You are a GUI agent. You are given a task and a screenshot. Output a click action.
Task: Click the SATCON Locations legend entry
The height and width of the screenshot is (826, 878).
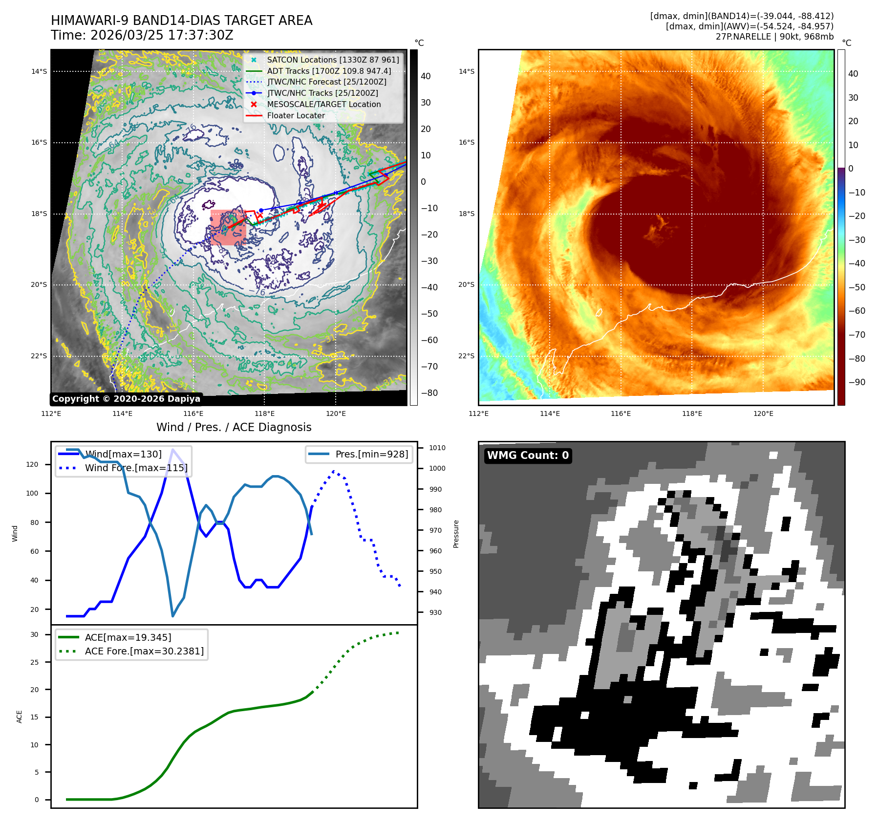click(x=333, y=60)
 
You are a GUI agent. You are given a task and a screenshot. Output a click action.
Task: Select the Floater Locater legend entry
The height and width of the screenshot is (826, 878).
click(x=296, y=115)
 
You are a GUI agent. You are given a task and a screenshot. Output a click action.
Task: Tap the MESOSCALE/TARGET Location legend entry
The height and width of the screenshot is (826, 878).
click(x=323, y=104)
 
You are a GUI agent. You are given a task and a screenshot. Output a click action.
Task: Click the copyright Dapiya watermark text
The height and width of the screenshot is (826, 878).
click(x=126, y=399)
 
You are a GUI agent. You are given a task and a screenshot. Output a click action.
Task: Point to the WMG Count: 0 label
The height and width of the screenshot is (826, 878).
click(x=528, y=456)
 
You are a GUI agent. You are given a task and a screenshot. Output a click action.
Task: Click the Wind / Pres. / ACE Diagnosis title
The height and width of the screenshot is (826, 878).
click(x=234, y=427)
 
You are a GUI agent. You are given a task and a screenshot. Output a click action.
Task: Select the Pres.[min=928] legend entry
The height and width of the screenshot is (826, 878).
click(x=371, y=454)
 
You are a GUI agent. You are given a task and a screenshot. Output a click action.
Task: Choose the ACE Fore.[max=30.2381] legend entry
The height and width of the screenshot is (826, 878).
click(x=144, y=651)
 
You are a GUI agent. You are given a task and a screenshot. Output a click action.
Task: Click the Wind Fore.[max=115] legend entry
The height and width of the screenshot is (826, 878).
click(x=136, y=468)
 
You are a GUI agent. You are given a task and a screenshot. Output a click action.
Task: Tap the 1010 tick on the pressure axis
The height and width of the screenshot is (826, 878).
click(x=437, y=448)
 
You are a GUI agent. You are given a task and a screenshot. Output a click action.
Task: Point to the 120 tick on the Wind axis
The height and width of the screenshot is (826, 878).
click(x=32, y=464)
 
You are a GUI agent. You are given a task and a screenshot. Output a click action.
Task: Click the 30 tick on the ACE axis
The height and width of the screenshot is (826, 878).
click(x=34, y=634)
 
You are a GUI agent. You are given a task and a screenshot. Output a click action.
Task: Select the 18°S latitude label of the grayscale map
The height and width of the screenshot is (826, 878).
click(x=39, y=214)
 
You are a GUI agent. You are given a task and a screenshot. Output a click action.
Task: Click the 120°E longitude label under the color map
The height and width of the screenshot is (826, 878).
click(x=763, y=413)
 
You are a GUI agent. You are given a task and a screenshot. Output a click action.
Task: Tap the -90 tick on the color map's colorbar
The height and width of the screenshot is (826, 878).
click(x=857, y=382)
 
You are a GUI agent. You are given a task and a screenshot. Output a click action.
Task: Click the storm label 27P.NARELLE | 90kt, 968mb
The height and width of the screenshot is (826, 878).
click(x=774, y=37)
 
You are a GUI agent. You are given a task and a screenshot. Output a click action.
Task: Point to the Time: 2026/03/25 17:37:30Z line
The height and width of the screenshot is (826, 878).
click(x=142, y=35)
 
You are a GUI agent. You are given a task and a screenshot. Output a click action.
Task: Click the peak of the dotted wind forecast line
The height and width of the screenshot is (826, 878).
click(x=334, y=472)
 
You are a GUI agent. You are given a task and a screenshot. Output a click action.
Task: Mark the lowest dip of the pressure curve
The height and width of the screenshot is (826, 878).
click(x=172, y=615)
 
